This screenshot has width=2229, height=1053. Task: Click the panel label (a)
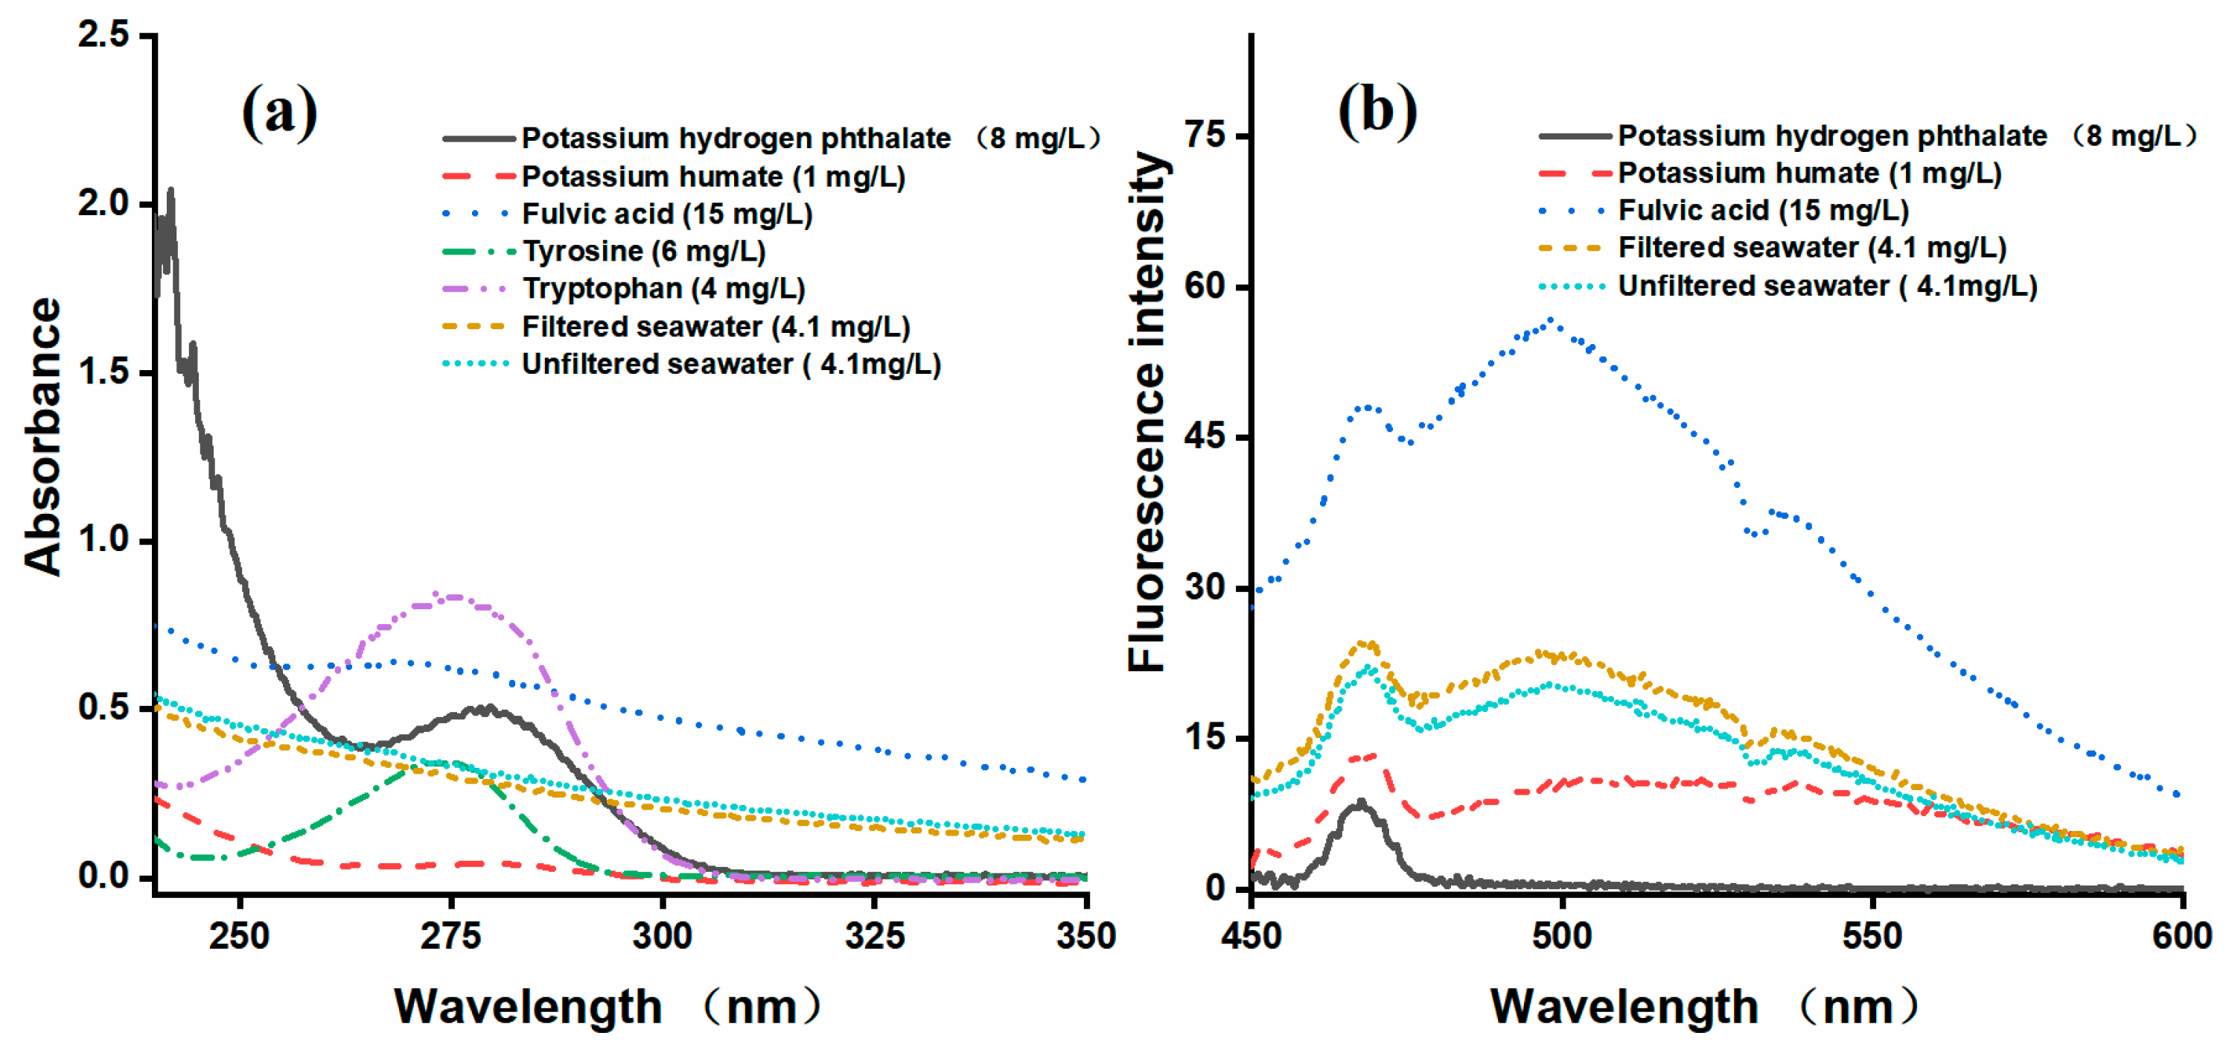[x=279, y=112]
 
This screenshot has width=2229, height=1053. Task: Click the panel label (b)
[x=1377, y=112]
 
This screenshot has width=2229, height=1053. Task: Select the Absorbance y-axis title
[x=43, y=437]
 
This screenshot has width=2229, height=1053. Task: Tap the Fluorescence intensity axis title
[x=1147, y=412]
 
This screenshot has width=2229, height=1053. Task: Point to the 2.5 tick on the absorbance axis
[x=103, y=36]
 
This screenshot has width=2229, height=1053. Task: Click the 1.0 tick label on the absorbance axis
[x=103, y=540]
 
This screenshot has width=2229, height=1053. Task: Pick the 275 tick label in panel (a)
[x=451, y=936]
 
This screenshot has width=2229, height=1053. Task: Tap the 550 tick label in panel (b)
[x=1872, y=936]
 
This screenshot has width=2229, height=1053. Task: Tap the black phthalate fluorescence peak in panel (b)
[x=1360, y=803]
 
